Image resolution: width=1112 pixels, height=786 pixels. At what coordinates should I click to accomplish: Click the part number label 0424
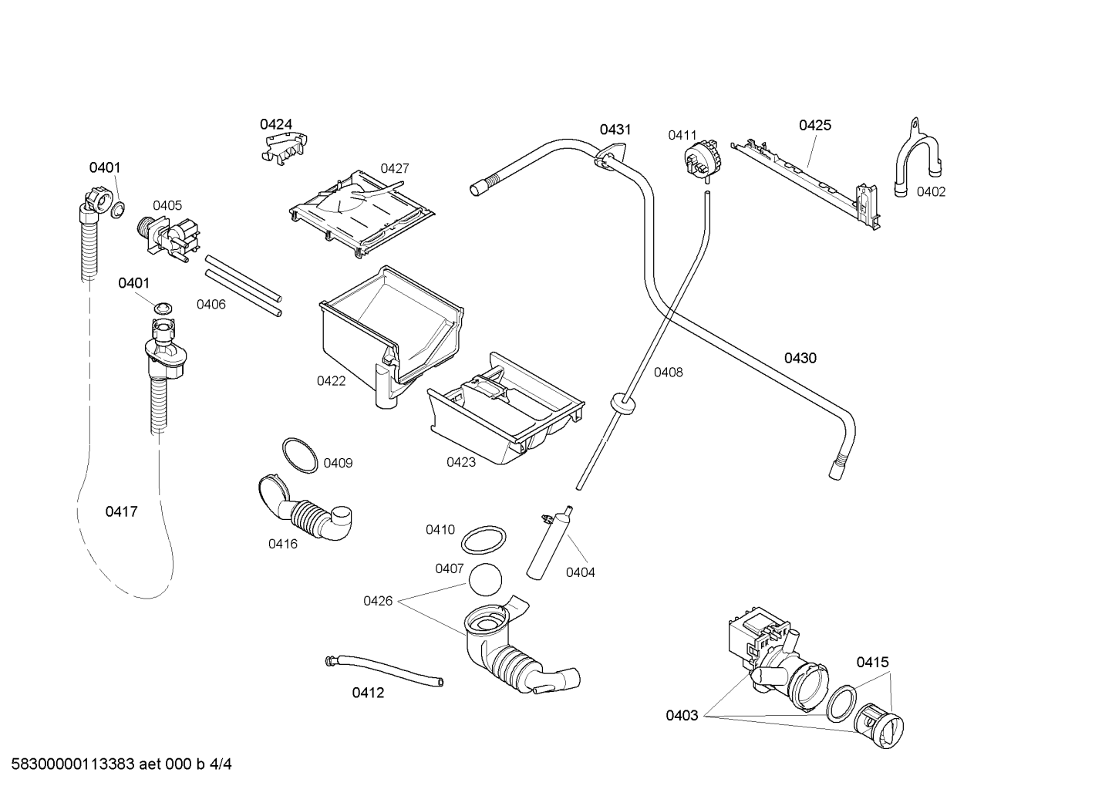[x=276, y=124]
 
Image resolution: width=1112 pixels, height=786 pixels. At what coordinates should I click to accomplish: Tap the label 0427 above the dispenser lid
[x=395, y=169]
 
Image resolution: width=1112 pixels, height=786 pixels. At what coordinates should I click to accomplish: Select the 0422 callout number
[x=331, y=381]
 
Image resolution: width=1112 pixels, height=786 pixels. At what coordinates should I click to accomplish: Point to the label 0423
[x=461, y=462]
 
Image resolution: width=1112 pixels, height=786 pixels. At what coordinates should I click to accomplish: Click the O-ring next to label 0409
[x=300, y=455]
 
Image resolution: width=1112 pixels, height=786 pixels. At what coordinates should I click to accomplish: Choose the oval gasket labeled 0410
[x=484, y=540]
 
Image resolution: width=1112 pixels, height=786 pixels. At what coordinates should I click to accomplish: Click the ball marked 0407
[x=485, y=580]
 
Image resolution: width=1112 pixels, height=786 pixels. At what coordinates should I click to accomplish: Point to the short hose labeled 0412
[x=384, y=671]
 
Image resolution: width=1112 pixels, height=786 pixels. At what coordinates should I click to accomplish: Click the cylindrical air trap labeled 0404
[x=548, y=543]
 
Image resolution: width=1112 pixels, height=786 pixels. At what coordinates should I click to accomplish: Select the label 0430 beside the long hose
[x=800, y=358]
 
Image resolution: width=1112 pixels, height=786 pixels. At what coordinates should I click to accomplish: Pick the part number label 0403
[x=682, y=716]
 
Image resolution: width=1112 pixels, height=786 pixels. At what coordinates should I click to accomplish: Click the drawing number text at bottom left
[x=122, y=764]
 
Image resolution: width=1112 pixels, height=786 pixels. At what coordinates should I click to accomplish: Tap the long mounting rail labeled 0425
[x=805, y=186]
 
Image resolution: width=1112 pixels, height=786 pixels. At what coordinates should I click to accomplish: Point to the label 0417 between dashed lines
[x=121, y=511]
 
